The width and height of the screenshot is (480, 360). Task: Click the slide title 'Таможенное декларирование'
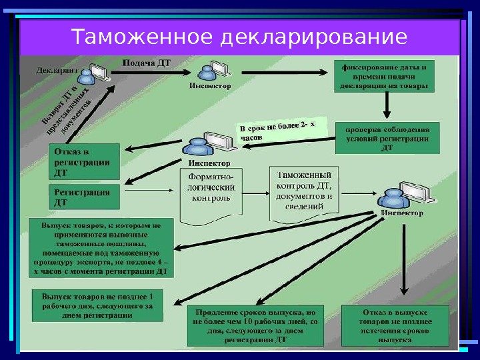[x=239, y=38]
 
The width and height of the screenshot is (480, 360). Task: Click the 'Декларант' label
[x=57, y=69]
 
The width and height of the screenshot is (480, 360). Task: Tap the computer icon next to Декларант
[x=98, y=72]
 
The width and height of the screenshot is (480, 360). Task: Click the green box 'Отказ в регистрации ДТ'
[x=83, y=161]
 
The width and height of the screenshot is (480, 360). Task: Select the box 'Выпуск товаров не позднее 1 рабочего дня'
[x=97, y=305]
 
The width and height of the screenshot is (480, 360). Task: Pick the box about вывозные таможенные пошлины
[x=101, y=248]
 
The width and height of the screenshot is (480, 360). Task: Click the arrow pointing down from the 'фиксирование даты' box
[x=387, y=105]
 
